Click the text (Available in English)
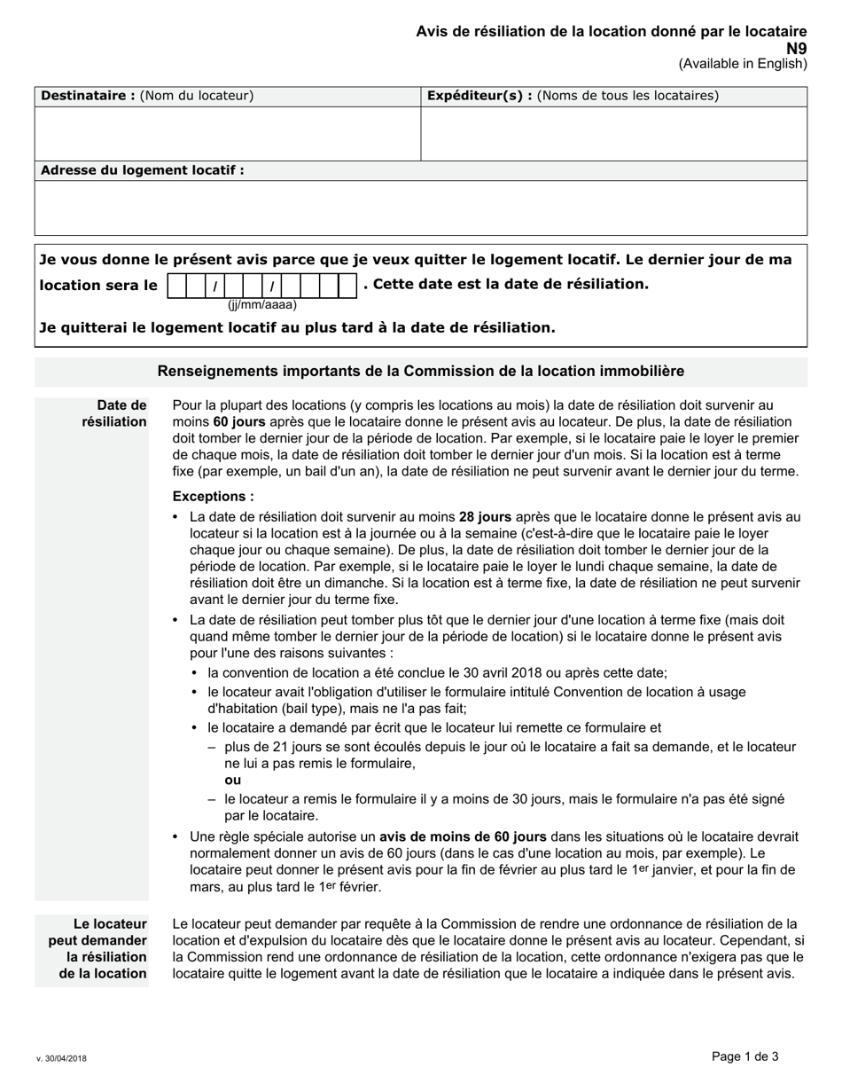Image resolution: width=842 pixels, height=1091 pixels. click(743, 64)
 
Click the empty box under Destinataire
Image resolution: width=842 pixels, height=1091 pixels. click(227, 133)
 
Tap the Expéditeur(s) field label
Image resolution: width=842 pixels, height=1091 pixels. click(573, 96)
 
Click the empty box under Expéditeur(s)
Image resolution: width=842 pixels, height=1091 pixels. click(613, 133)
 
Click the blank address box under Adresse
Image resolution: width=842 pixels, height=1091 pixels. click(421, 208)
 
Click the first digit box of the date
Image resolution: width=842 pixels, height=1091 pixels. click(176, 286)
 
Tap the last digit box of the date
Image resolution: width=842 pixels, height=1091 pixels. click(347, 286)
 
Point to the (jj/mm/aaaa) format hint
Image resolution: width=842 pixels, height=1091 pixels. click(261, 305)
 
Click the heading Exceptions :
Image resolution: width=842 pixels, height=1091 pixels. click(213, 497)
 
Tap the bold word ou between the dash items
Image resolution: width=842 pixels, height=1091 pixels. click(232, 780)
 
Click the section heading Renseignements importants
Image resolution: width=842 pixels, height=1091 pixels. click(420, 371)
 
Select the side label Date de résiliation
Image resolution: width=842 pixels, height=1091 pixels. click(114, 413)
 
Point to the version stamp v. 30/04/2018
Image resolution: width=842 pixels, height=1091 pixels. click(61, 1058)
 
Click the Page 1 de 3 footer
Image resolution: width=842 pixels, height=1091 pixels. click(745, 1056)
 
